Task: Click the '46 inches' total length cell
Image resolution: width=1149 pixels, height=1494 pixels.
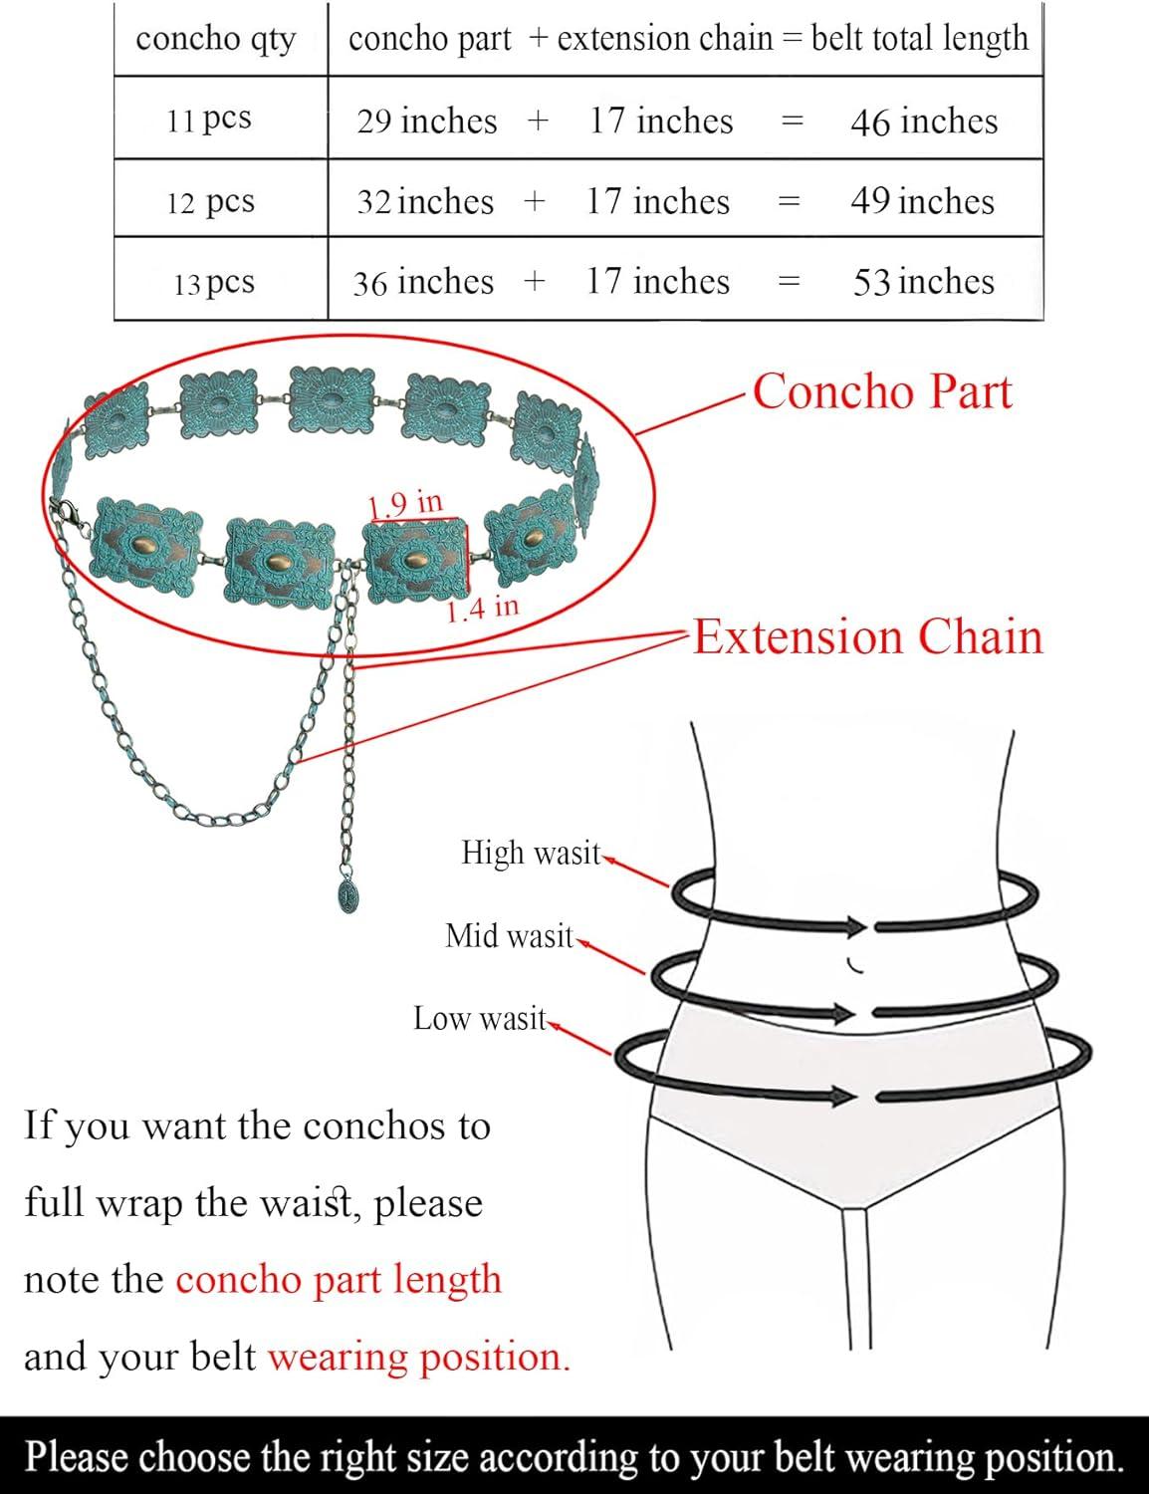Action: (x=924, y=122)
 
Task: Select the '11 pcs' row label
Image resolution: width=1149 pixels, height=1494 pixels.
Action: (x=210, y=120)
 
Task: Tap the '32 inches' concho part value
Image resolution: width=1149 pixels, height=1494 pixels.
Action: (x=425, y=201)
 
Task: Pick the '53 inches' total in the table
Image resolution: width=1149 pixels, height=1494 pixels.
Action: (x=924, y=282)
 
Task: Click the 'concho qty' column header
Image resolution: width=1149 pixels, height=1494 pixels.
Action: (x=216, y=40)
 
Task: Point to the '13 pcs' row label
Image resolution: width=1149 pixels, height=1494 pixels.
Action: (x=214, y=283)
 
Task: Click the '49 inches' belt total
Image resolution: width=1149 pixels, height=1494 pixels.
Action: (x=922, y=201)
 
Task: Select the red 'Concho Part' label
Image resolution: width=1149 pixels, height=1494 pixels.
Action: (x=882, y=391)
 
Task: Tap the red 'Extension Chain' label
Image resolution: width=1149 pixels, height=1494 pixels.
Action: (x=868, y=636)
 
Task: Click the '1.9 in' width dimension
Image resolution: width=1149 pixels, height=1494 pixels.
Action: (x=405, y=504)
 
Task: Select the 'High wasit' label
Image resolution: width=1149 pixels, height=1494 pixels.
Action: (x=532, y=853)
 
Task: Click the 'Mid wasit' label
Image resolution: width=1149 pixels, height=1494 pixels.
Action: (x=509, y=936)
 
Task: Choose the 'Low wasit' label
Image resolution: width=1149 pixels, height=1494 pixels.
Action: (x=480, y=1019)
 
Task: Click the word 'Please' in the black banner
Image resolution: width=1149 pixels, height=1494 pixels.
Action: (x=77, y=1457)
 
